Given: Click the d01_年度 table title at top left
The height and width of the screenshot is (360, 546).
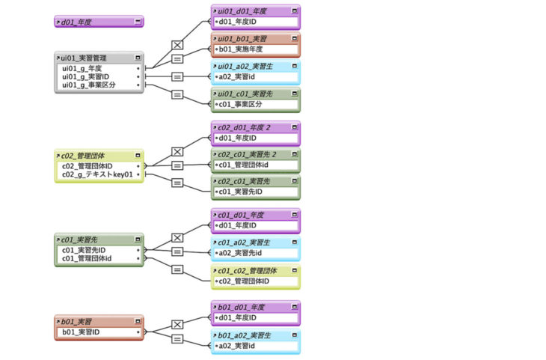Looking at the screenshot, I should tap(79, 22).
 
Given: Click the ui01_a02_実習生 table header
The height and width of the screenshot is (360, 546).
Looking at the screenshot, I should tap(246, 67).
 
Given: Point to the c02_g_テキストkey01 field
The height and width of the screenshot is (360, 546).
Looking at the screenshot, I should tap(96, 174).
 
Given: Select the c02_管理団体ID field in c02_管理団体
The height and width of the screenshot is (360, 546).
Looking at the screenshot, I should tap(88, 165).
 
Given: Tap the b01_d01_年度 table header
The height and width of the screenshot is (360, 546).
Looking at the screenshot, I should tap(242, 307).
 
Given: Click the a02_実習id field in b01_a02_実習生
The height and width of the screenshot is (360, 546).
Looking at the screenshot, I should tap(239, 346).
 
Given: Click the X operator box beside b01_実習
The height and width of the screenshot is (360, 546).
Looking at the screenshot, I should tap(177, 325).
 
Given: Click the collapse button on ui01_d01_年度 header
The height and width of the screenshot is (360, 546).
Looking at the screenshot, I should tap(295, 11).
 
